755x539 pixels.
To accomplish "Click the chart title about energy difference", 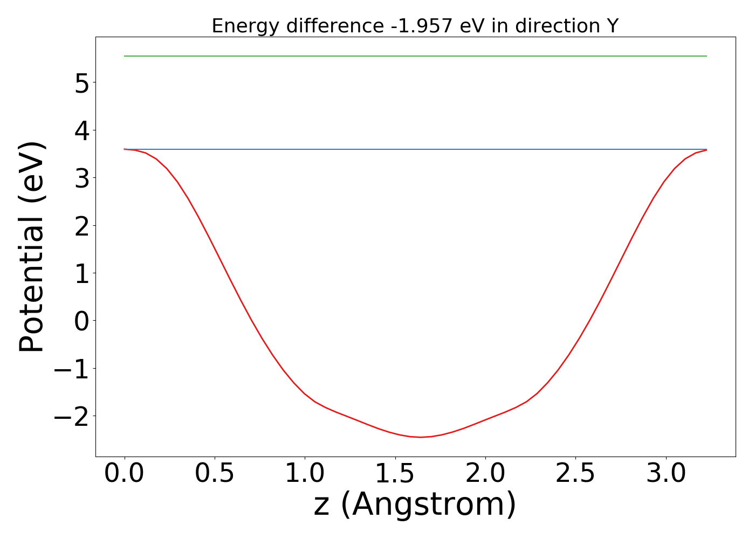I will [x=415, y=26].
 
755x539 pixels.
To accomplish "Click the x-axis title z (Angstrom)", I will [x=415, y=505].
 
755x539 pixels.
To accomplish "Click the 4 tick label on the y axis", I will [x=81, y=130].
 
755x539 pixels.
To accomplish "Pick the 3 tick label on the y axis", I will [x=81, y=178].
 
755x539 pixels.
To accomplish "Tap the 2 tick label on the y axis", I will [x=81, y=225].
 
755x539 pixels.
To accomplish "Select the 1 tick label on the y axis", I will [x=81, y=273].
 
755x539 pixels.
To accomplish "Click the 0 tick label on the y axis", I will [x=81, y=321].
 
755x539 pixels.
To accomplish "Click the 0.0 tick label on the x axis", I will [x=125, y=474].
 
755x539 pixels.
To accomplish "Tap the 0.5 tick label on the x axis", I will [x=215, y=474].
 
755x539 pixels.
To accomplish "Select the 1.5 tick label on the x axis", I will [x=395, y=474].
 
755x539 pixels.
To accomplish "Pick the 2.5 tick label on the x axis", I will [x=575, y=474].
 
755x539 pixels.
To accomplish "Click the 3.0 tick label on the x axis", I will [x=666, y=474].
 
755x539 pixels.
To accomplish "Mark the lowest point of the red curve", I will [x=421, y=437].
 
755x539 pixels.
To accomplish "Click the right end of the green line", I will [x=706, y=56].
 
